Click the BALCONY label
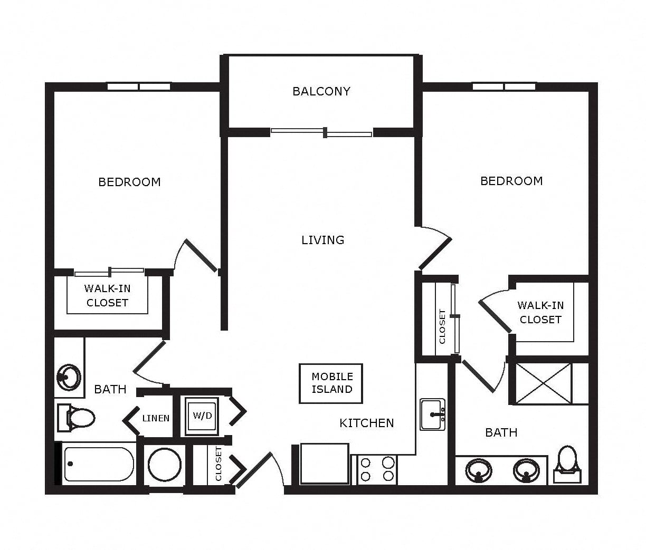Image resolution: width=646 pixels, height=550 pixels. point(321,91)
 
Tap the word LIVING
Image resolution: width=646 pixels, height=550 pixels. point(323,240)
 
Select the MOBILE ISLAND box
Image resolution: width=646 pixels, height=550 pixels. point(331,383)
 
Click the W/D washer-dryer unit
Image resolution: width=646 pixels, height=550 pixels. point(202,416)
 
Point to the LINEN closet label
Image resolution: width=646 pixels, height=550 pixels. point(156,418)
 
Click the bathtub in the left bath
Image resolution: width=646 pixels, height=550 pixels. point(99,464)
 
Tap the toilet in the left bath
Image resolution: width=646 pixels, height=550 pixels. point(76,418)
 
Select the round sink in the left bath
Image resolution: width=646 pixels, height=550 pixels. point(69,377)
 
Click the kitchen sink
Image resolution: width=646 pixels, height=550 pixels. point(433,414)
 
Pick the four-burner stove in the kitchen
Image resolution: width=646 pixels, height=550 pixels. point(377,470)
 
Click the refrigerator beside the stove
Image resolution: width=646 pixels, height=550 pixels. point(325,464)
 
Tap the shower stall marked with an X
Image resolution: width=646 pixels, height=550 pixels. point(544,383)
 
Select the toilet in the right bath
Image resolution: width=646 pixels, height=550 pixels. point(567,465)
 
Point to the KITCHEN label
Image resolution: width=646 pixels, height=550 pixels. point(367,423)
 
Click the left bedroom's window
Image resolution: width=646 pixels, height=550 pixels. point(139,86)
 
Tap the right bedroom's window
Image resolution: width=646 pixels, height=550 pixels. point(504,86)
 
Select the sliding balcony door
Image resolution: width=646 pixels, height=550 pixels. point(321,132)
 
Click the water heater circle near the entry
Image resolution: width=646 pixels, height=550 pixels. point(164,465)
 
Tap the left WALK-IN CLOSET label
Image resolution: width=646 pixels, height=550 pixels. point(107,295)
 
